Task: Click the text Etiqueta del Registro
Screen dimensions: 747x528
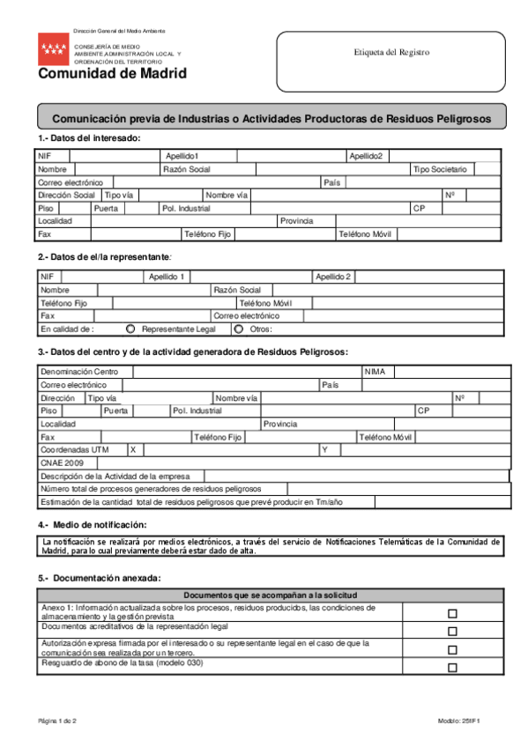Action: coord(391,53)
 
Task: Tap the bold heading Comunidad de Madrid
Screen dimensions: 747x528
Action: coord(112,74)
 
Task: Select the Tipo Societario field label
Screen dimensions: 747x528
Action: coord(440,169)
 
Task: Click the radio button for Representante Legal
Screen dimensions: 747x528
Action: coord(131,329)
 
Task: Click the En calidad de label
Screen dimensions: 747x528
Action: coord(67,329)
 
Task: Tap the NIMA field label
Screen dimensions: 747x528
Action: coord(375,372)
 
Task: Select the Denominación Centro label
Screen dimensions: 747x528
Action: coord(78,372)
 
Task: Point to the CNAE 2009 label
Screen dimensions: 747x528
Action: coord(62,462)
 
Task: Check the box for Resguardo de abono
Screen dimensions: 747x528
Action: coord(452,668)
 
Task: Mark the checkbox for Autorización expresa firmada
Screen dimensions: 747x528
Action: coord(452,649)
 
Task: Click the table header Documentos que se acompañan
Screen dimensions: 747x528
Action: coord(270,596)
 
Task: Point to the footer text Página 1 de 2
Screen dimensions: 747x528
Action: coord(57,721)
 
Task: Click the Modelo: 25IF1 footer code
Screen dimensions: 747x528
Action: coord(463,721)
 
